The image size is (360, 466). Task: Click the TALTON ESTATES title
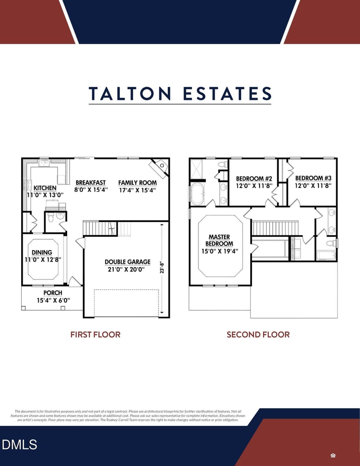coord(180,94)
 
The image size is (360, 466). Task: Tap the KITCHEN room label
coord(45,188)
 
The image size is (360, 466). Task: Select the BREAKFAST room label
coord(90,183)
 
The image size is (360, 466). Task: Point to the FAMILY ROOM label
coord(138,183)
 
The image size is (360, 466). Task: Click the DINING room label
coord(42,253)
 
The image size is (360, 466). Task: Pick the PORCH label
coord(53,293)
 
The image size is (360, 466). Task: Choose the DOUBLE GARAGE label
coord(128,262)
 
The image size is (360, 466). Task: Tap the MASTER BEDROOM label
coord(220,240)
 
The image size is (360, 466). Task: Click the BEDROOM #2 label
coord(254,179)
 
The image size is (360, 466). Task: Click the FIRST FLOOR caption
coord(95,335)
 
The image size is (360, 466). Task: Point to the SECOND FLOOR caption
coord(258,335)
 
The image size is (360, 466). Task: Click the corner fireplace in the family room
coord(160,167)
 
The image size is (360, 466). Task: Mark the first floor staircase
coord(98,228)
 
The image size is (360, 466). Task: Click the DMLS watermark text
coord(19,445)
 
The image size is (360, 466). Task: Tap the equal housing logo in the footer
coord(333,454)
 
